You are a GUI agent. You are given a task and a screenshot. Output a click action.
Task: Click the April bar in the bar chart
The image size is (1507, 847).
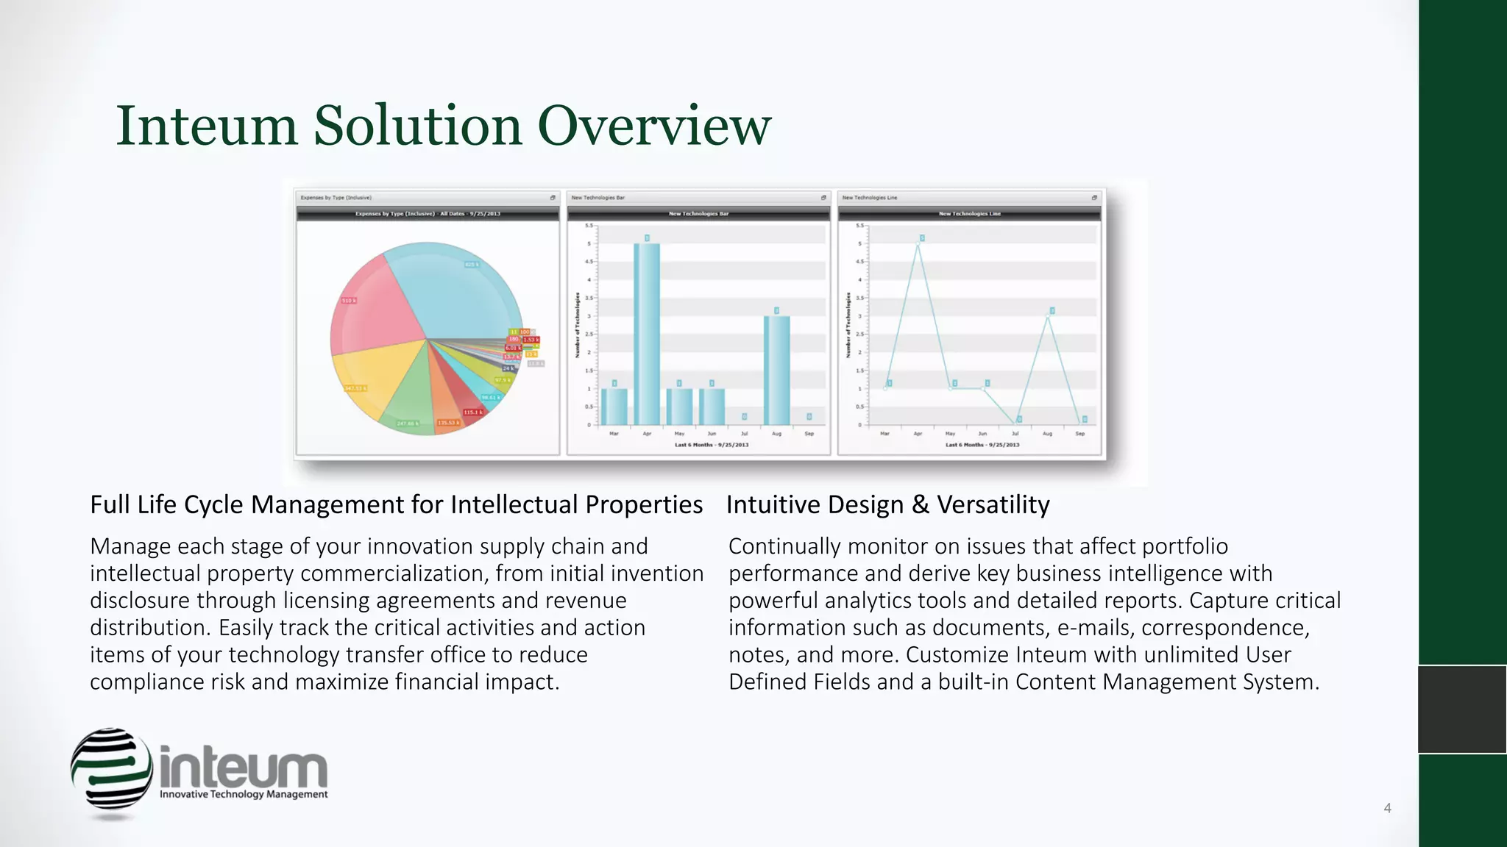(x=647, y=335)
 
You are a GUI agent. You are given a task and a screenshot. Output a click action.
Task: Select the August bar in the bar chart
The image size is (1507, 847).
(x=776, y=371)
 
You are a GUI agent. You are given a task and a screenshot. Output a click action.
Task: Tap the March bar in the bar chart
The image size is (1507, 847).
(x=614, y=407)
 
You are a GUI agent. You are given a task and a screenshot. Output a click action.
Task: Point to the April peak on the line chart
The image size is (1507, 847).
(x=918, y=243)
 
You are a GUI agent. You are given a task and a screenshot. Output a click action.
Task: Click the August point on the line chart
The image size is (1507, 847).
(x=1048, y=316)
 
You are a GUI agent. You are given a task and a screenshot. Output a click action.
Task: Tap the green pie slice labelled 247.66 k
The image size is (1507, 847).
(x=408, y=412)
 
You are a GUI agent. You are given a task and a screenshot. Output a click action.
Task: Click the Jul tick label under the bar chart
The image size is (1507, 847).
(x=744, y=434)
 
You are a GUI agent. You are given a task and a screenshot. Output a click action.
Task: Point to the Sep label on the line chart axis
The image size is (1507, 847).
(x=1079, y=434)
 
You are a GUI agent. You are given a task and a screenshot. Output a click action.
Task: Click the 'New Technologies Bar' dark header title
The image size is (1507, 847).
(x=698, y=214)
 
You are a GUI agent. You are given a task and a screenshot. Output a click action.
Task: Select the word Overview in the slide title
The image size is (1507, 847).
(x=654, y=126)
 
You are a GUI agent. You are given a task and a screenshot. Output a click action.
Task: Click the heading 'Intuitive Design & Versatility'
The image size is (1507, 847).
(x=887, y=505)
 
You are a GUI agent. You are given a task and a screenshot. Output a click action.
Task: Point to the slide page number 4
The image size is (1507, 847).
(x=1387, y=808)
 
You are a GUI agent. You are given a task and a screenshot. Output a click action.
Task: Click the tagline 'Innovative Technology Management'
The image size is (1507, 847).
(x=244, y=795)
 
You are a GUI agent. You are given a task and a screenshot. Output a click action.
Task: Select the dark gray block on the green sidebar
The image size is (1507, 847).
(x=1462, y=710)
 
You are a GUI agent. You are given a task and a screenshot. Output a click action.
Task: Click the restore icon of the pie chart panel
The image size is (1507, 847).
(x=553, y=198)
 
